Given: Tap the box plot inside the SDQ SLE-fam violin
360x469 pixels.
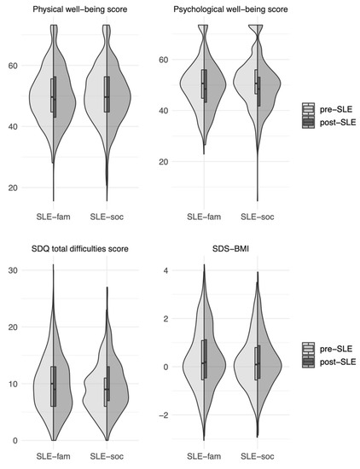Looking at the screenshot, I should [53, 385].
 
